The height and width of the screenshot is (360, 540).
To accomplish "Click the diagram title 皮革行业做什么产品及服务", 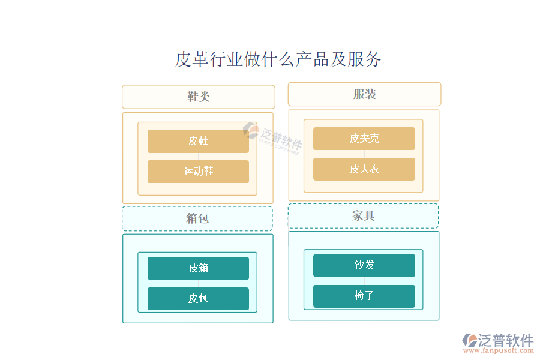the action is click(x=278, y=59).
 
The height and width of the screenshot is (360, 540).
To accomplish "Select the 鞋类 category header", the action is click(x=199, y=97).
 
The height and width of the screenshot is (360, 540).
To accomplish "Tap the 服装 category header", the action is click(x=364, y=94).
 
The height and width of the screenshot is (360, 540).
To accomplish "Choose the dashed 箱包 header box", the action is click(x=197, y=218).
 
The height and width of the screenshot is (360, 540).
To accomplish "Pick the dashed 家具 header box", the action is click(x=364, y=216).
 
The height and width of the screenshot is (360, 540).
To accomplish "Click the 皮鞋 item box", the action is click(x=198, y=141).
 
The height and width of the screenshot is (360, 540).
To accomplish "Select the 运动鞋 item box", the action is click(x=198, y=172).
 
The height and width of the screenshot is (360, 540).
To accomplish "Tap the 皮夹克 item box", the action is click(x=364, y=139).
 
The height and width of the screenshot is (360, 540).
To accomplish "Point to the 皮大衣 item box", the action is click(x=364, y=169).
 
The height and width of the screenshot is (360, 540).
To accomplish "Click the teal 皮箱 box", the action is click(x=198, y=268).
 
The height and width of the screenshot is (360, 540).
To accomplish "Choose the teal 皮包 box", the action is click(x=198, y=299).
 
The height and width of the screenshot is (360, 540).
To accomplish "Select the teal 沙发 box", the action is click(x=364, y=265).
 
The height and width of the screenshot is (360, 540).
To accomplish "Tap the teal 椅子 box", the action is click(x=364, y=296).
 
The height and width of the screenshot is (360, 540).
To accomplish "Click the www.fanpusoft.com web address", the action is click(x=499, y=350).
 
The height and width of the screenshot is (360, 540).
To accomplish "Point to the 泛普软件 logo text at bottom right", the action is click(x=506, y=340).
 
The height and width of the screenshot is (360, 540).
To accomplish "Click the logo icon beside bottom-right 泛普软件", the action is click(x=470, y=340).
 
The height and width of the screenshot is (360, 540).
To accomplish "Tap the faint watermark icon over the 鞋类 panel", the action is click(x=251, y=131).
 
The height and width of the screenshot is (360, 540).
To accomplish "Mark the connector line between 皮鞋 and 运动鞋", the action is click(x=198, y=157).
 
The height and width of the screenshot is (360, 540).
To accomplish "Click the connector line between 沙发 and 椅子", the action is click(x=364, y=281).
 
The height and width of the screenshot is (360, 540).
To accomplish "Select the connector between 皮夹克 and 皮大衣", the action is click(x=364, y=154).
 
